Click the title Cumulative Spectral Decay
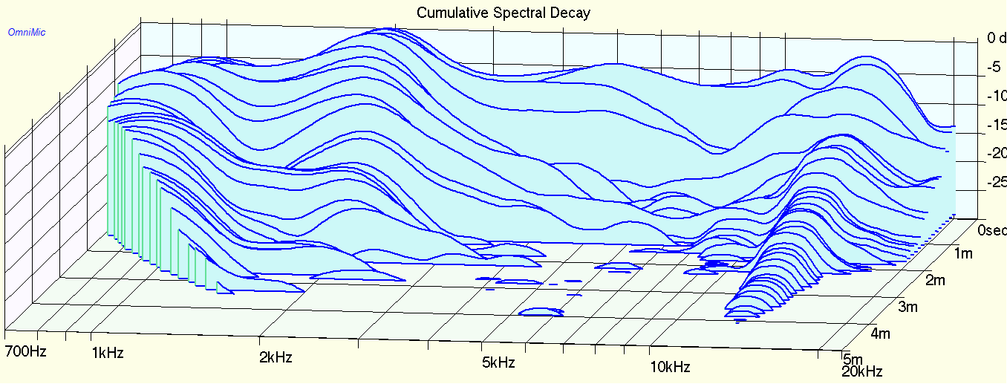point(503,12)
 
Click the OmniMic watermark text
point(27,32)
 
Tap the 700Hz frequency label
point(25,351)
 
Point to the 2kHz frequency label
point(276,357)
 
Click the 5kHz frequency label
point(498,363)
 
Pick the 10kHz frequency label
point(671,367)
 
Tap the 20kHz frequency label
point(863,371)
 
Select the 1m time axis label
point(963,254)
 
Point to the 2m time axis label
point(933,280)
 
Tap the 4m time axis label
point(880,333)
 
